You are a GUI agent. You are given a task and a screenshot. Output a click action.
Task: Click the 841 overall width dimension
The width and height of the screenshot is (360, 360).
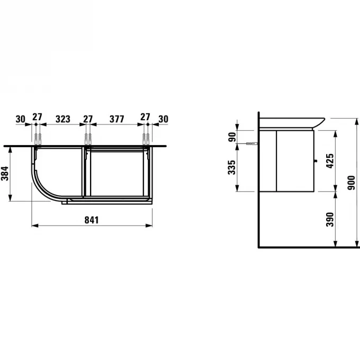(x=93, y=219)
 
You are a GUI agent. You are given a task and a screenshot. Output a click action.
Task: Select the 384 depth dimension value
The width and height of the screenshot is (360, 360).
(x=5, y=172)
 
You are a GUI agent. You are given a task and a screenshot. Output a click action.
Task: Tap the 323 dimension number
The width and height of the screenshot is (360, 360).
(x=63, y=119)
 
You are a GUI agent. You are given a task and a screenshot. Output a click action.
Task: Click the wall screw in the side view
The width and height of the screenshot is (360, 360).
(x=251, y=144)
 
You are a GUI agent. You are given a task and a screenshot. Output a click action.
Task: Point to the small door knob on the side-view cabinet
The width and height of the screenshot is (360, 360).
(x=316, y=159)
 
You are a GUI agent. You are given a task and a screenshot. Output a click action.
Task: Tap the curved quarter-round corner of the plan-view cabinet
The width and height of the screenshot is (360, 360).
(x=42, y=185)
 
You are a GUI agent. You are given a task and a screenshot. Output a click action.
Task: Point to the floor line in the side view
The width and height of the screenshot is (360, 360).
(x=307, y=247)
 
